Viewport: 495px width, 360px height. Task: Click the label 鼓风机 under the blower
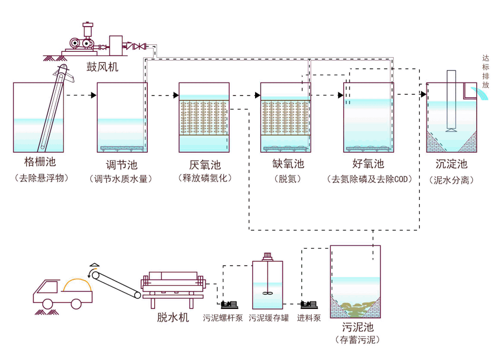[x=103, y=67]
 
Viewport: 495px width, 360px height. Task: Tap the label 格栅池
[x=40, y=162]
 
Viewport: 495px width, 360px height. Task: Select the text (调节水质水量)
[x=121, y=179]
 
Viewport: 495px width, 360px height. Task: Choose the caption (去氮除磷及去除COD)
[x=369, y=179]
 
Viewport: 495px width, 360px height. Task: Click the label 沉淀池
[x=451, y=164]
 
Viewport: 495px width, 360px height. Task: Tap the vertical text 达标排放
[x=486, y=72]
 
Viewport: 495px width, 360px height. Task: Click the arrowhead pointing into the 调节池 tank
[x=94, y=95]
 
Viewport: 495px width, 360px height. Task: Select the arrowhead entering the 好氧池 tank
[x=340, y=95]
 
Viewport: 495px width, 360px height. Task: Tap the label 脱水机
[x=172, y=317]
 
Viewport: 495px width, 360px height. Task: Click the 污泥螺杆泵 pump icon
[x=229, y=305]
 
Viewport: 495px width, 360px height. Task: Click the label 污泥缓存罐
[x=269, y=318]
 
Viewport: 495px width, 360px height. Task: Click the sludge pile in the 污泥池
[x=356, y=310]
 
